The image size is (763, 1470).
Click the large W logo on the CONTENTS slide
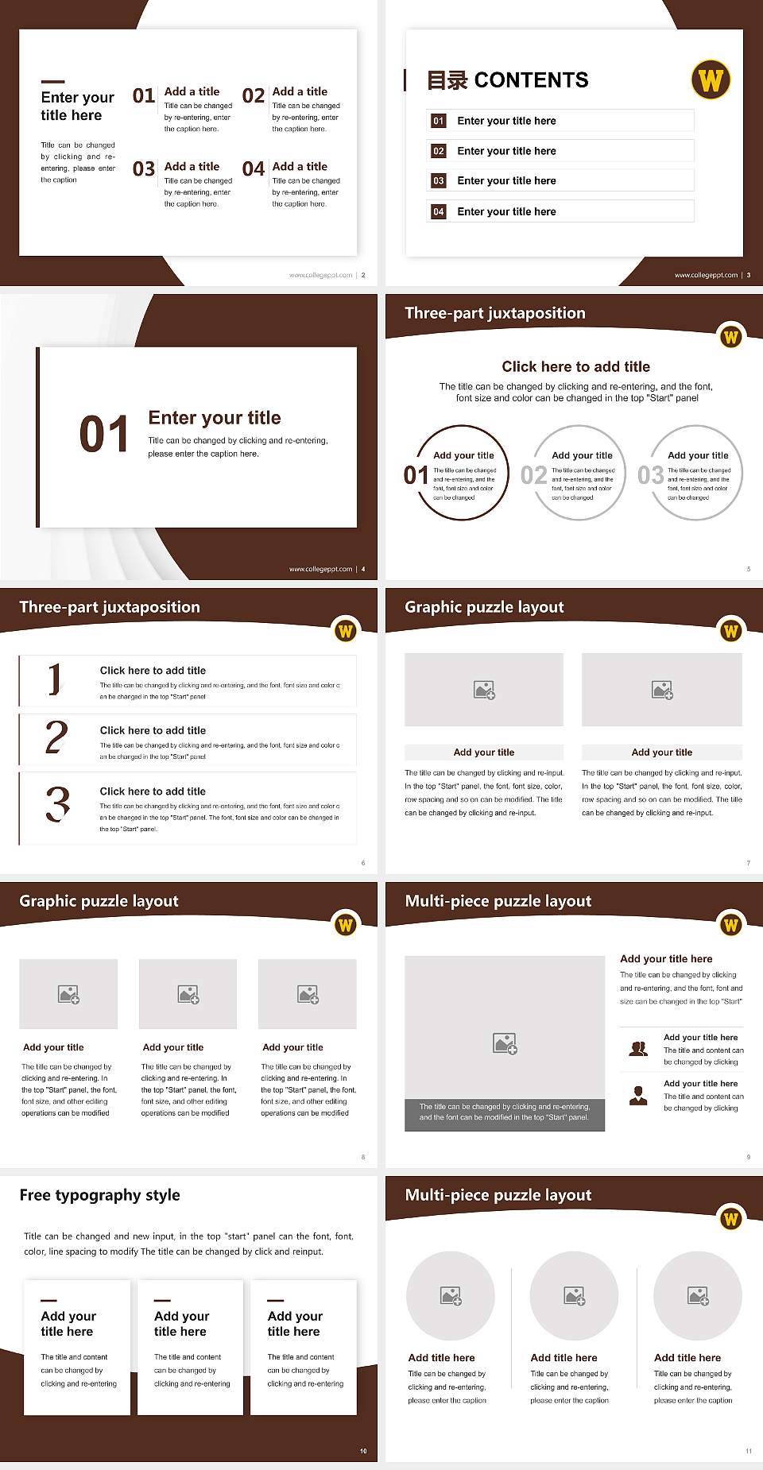(x=711, y=79)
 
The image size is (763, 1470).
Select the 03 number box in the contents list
(x=439, y=181)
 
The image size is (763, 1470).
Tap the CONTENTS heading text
(x=531, y=80)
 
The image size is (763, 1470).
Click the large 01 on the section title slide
(x=104, y=435)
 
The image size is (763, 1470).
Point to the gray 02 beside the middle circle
(x=533, y=475)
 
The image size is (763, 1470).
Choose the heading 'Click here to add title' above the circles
(x=575, y=366)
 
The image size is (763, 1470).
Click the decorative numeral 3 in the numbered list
(x=57, y=804)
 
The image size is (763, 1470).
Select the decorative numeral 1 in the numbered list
(x=54, y=679)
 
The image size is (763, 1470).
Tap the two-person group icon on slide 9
(x=638, y=1049)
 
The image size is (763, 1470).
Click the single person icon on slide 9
(x=638, y=1096)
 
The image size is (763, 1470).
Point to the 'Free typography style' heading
(x=99, y=1195)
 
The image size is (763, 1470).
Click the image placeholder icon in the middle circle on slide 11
(x=574, y=1296)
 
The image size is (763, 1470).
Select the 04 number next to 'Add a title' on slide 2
(x=254, y=169)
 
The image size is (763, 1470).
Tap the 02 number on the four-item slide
(x=254, y=96)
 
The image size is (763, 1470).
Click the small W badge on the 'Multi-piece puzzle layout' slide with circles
(x=730, y=1219)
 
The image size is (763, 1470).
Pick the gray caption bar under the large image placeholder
(x=505, y=1112)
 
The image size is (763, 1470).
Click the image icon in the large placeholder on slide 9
(x=505, y=1043)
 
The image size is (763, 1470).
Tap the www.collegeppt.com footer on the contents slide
(x=706, y=275)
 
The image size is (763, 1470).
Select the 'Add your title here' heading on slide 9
(x=666, y=959)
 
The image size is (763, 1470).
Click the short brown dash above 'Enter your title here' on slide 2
(x=52, y=81)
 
